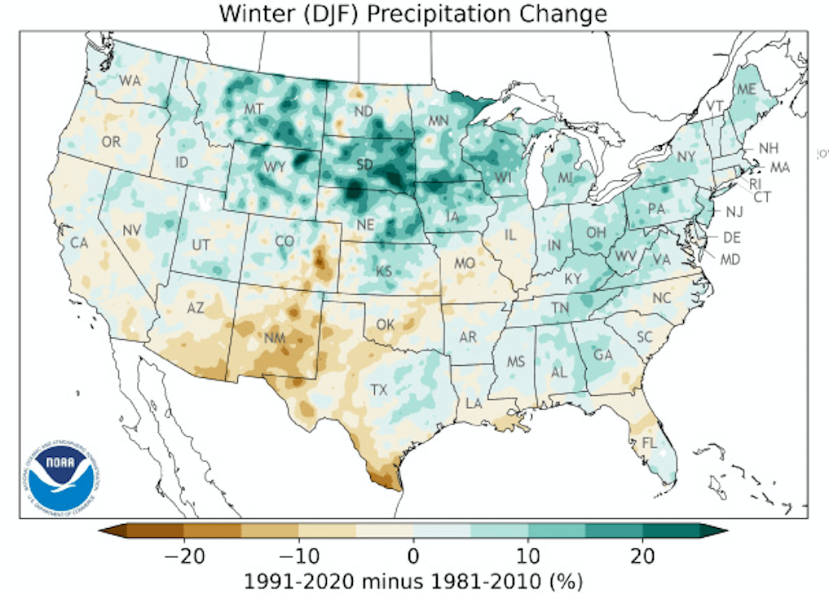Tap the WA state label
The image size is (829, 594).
pyautogui.click(x=130, y=80)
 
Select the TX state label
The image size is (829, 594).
pyautogui.click(x=380, y=389)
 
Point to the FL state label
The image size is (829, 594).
pyautogui.click(x=649, y=443)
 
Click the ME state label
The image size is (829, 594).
pyautogui.click(x=745, y=89)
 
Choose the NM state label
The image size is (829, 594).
pyautogui.click(x=274, y=337)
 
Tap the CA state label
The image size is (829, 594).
pyautogui.click(x=78, y=242)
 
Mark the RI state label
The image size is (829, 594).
pyautogui.click(x=755, y=183)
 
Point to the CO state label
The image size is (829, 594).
pyautogui.click(x=284, y=241)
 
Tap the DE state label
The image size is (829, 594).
pyautogui.click(x=731, y=238)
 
